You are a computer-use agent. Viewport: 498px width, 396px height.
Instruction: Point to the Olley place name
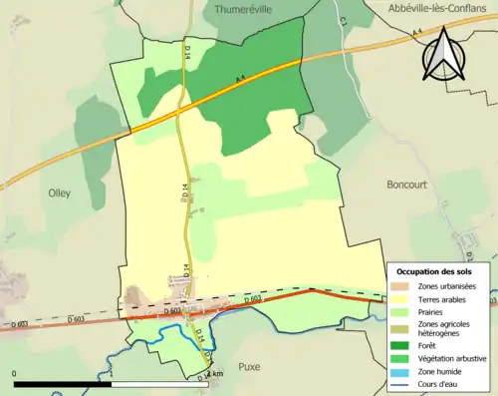pos(59,194)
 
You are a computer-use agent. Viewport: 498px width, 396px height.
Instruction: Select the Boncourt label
pos(410,185)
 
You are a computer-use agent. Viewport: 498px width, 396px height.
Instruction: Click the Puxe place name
pos(249,367)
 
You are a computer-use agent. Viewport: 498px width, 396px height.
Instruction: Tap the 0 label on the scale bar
pos(15,375)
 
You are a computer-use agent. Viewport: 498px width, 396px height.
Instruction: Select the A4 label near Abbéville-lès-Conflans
pos(415,36)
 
